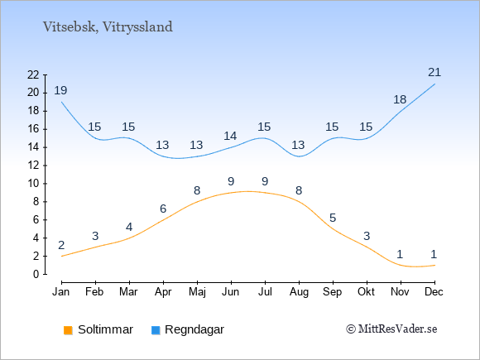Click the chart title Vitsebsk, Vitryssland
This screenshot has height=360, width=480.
[108, 27]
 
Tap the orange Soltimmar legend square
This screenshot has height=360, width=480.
[68, 330]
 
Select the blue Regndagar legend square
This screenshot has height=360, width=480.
[156, 330]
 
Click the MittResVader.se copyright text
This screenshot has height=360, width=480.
[391, 329]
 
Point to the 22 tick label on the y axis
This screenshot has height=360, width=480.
[33, 74]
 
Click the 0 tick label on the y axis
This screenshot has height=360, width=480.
[36, 274]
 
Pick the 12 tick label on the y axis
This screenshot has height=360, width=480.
[33, 166]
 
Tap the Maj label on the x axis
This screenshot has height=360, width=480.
[197, 292]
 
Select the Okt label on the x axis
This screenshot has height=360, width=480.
[366, 292]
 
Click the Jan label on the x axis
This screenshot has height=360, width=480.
[61, 292]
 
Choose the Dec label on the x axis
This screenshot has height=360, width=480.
[434, 292]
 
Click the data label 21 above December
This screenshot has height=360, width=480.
[434, 73]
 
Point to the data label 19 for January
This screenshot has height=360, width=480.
[60, 90]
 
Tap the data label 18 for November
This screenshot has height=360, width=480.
[400, 99]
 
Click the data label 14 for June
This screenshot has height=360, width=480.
[230, 136]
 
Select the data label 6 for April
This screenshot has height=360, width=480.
[163, 209]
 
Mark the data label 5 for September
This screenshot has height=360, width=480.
[333, 218]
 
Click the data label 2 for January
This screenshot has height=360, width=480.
[61, 245]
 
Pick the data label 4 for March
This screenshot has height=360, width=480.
[129, 227]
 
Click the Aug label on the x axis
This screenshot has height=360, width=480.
[299, 292]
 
